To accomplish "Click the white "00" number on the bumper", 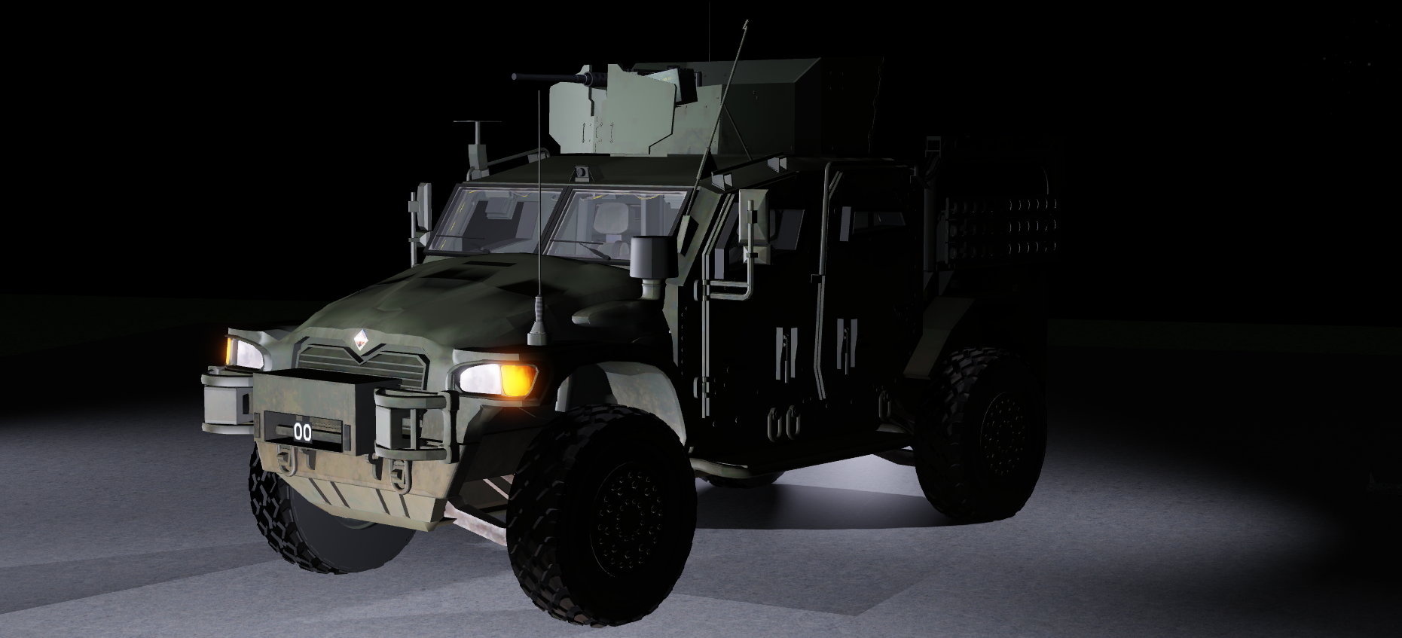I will (302, 432).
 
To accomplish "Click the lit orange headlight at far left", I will (227, 350).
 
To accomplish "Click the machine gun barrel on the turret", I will (542, 77).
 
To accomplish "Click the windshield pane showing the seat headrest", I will (614, 222).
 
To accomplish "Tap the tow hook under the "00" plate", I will (286, 459).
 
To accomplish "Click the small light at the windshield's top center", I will (582, 173).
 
